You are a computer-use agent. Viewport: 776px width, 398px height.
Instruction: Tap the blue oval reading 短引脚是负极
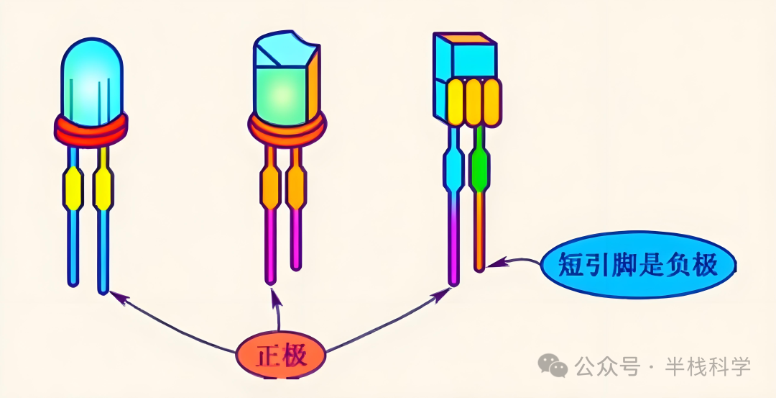[x=638, y=265]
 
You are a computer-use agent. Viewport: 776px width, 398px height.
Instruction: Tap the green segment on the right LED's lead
[x=480, y=168]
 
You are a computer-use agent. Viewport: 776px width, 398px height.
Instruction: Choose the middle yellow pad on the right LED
[x=474, y=102]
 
